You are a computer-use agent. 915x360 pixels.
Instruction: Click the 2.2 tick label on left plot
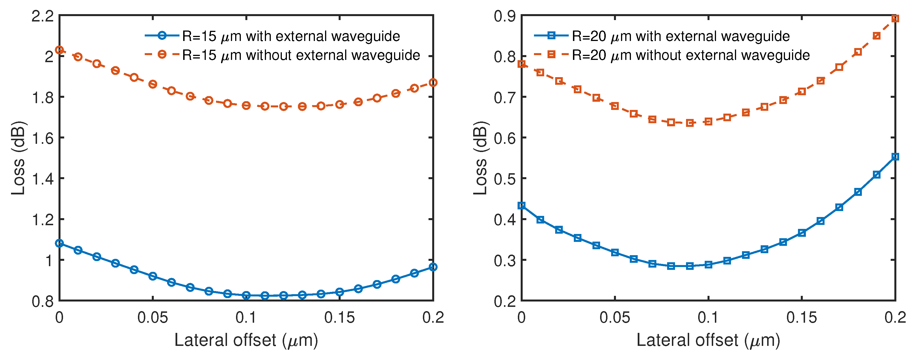[43, 16]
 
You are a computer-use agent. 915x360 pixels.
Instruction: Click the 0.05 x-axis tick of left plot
[153, 317]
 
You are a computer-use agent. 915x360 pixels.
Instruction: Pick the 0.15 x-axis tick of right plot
[802, 317]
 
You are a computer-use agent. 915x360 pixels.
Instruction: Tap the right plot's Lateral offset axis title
[708, 340]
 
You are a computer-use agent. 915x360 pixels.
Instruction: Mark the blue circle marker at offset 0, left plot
[59, 243]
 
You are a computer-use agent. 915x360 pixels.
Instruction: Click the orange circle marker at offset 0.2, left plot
[433, 82]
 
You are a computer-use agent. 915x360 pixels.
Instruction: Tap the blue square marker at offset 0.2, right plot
[895, 157]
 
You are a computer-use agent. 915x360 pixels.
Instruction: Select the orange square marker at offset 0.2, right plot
[895, 18]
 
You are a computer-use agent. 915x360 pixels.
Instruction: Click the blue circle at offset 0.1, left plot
[246, 295]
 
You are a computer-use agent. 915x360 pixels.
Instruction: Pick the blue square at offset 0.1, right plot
[708, 264]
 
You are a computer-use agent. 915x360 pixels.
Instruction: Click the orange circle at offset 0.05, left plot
[153, 84]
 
